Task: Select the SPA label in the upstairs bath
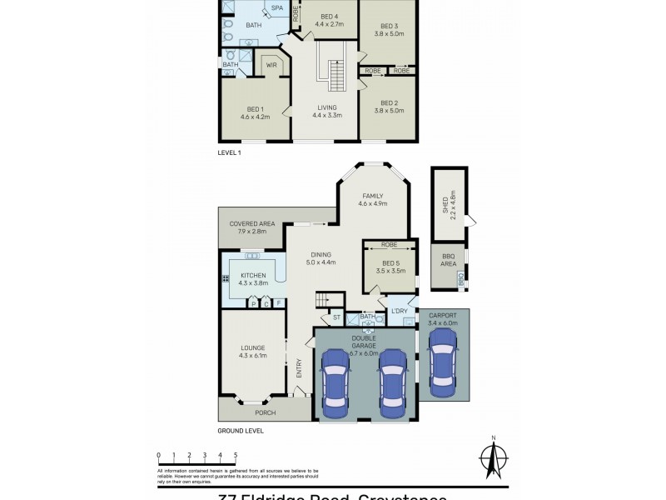coord(276,9)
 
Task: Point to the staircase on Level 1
coord(337,77)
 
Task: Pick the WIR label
coord(271,65)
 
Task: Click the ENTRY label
coord(299,367)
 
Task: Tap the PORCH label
coord(266,412)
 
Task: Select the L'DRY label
coord(399,312)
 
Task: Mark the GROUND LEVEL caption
coord(241,431)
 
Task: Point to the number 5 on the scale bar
coord(236,455)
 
